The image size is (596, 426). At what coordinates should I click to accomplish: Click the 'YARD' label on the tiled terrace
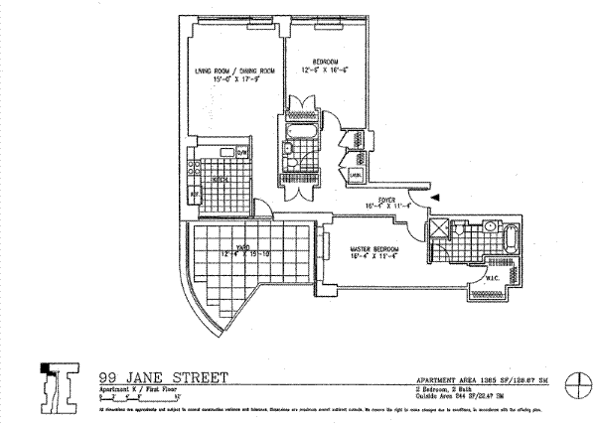pyautogui.click(x=241, y=247)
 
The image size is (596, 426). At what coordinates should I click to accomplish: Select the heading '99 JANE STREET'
pyautogui.click(x=163, y=376)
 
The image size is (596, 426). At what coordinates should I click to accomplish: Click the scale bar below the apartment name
pyautogui.click(x=132, y=395)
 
